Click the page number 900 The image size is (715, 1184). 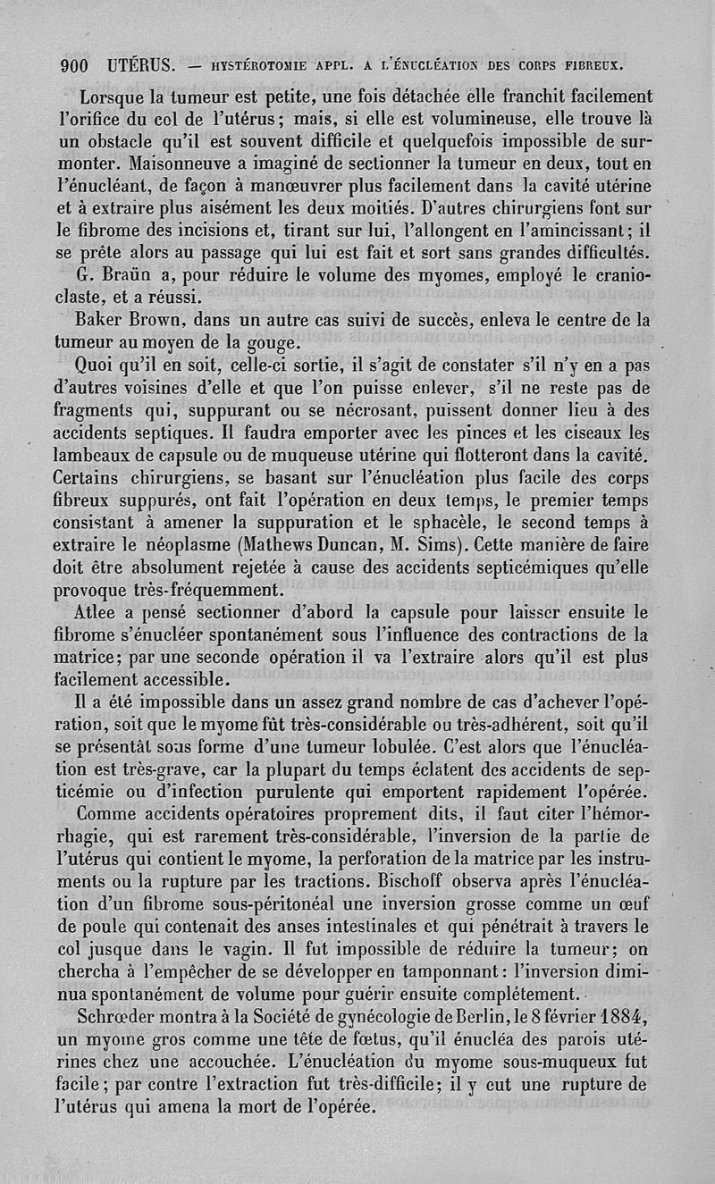(x=73, y=64)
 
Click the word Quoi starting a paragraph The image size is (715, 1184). (x=104, y=365)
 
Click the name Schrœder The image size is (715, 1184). (x=126, y=1018)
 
